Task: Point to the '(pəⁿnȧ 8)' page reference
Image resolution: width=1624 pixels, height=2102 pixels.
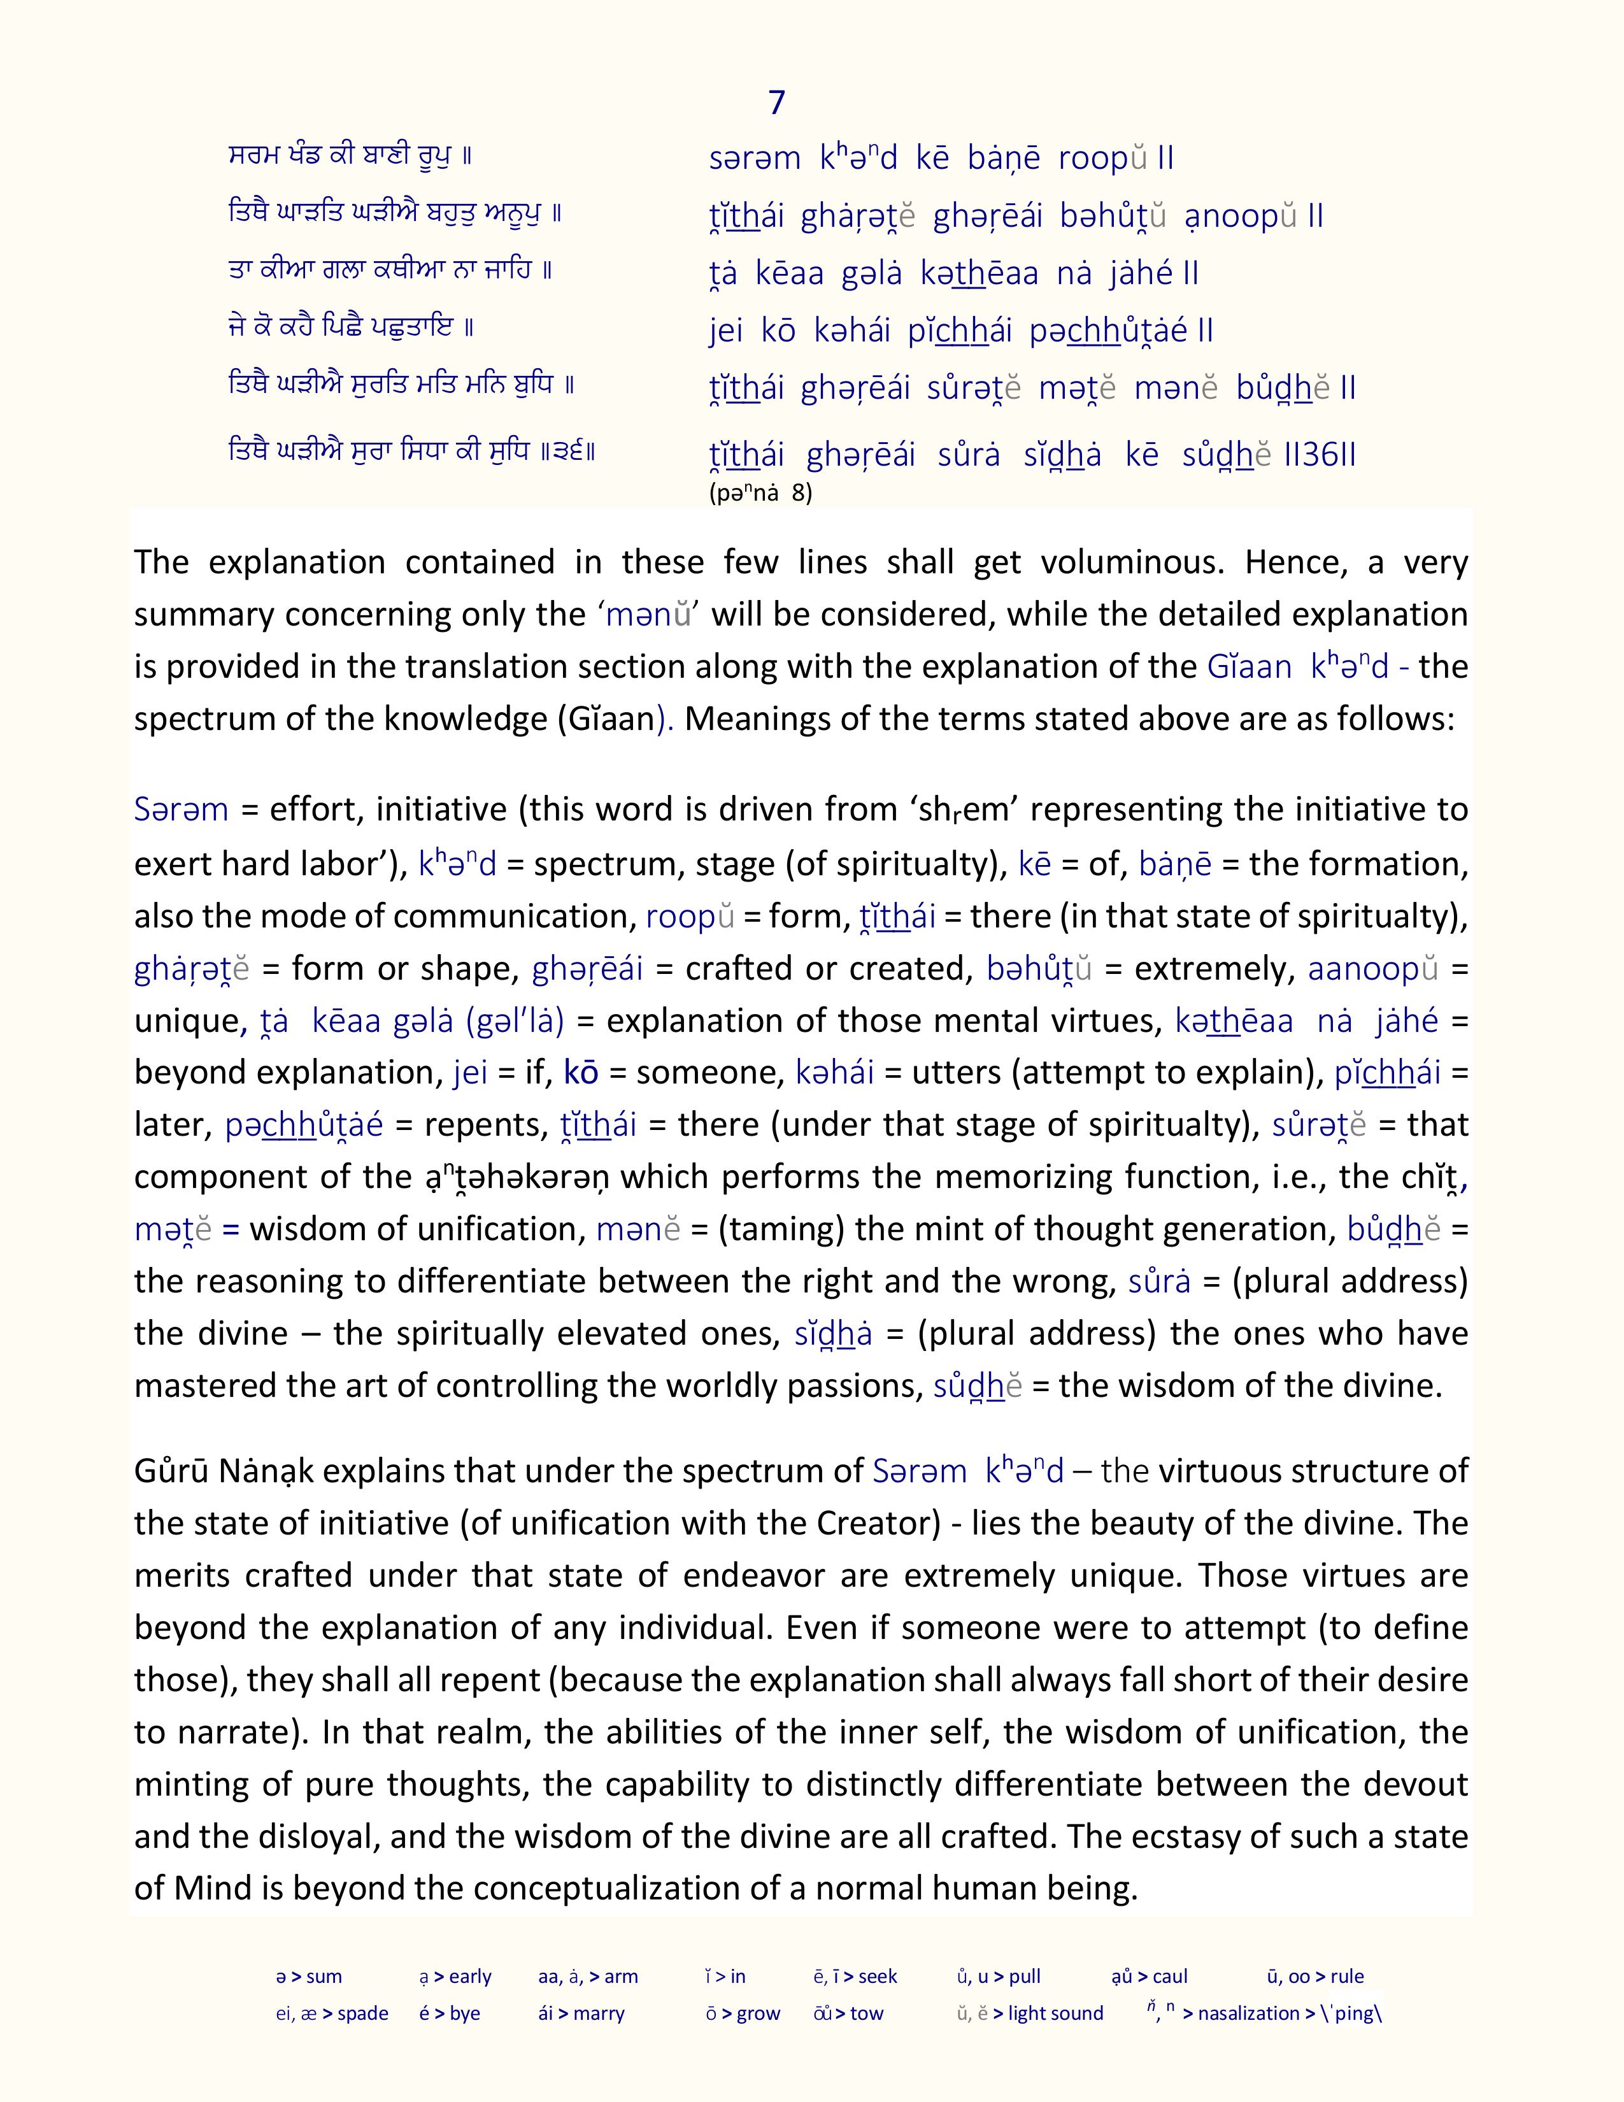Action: (x=760, y=494)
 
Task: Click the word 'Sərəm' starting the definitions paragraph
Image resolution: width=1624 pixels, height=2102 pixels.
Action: (x=181, y=810)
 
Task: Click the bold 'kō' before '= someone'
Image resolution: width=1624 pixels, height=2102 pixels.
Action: (x=581, y=1072)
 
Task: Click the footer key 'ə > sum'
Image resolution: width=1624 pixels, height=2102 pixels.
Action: (x=309, y=1977)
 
